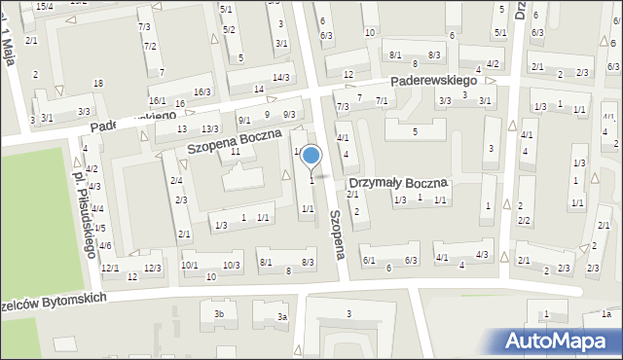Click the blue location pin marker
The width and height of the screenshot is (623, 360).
(x=311, y=156)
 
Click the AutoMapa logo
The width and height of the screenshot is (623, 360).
(x=558, y=341)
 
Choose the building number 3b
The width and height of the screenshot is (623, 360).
(x=219, y=313)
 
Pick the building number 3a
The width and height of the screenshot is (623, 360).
(x=282, y=317)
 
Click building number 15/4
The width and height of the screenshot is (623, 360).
(x=44, y=6)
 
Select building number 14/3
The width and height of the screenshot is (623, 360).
(x=281, y=78)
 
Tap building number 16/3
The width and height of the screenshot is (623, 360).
(x=202, y=92)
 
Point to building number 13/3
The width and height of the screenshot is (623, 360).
(x=209, y=129)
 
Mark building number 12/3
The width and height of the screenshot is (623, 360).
(x=152, y=268)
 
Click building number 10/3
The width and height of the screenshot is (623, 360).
(x=232, y=265)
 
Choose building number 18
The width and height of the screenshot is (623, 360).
(x=97, y=83)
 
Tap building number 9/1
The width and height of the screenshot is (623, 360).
(x=243, y=120)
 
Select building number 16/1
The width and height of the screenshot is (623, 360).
(x=157, y=101)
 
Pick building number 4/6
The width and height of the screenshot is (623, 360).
(x=104, y=245)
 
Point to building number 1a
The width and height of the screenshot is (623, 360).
(x=605, y=313)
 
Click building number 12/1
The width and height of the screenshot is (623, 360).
(x=110, y=268)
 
